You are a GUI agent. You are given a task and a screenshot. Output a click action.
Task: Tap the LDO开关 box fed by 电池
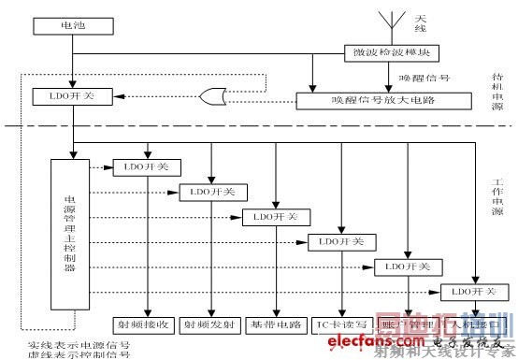[x=72, y=96]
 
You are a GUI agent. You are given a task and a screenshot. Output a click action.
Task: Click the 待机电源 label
[x=498, y=94]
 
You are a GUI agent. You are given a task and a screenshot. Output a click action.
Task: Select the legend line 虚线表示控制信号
[x=79, y=355]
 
